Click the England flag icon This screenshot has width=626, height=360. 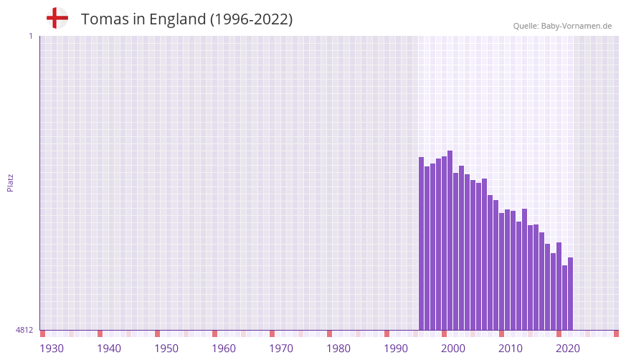pos(57,19)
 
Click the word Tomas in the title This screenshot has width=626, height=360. pos(105,19)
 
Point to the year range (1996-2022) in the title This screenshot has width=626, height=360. pos(251,19)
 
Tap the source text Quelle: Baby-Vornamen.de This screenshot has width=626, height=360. pos(562,26)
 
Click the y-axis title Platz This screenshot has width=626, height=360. pos(10,182)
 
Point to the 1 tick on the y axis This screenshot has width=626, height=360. pos(30,36)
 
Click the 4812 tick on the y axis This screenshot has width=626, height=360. pos(24,330)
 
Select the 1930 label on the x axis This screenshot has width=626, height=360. pos(52,349)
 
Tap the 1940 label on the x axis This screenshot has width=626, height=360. pos(109,349)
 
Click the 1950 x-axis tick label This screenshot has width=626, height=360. pos(166,349)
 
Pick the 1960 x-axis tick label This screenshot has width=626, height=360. pos(224,349)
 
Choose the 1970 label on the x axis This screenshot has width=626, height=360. pos(281,349)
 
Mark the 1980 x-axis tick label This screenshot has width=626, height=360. pos(338,349)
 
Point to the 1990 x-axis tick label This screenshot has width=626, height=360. pos(396,349)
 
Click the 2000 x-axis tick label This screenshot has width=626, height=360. pos(453,349)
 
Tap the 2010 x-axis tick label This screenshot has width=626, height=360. pos(511,349)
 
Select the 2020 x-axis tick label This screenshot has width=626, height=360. pos(568,349)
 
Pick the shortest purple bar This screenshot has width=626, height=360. pos(564,298)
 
